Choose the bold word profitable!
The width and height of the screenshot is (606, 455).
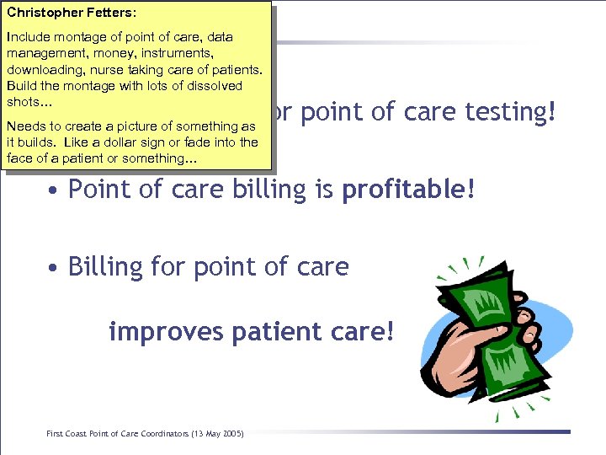tap(408, 190)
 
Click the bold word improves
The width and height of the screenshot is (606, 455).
tap(159, 332)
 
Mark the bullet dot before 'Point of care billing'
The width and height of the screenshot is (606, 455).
tap(53, 191)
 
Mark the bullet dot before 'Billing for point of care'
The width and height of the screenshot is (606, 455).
tap(53, 269)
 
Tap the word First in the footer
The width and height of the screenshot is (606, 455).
tap(56, 433)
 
